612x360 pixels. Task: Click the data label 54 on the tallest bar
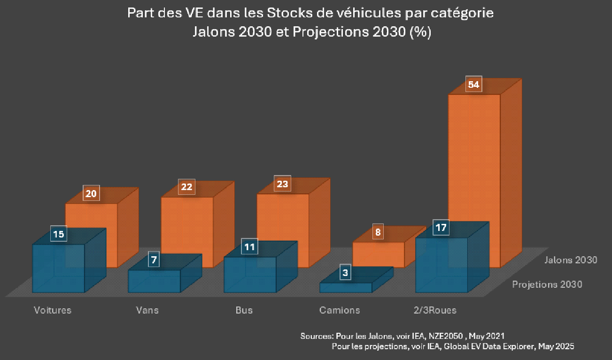[x=473, y=84]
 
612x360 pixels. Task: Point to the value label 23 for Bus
[x=282, y=184]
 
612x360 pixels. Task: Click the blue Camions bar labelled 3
[x=345, y=287]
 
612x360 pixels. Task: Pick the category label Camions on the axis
[x=339, y=310]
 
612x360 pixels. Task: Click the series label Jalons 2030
[x=571, y=260]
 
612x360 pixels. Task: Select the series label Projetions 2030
[x=547, y=284]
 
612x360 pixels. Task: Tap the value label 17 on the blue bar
[x=441, y=228]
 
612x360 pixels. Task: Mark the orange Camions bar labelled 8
[x=378, y=254]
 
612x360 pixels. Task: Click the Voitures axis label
[x=53, y=310]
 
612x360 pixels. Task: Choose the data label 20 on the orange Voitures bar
[x=92, y=193]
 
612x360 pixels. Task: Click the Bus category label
[x=244, y=310]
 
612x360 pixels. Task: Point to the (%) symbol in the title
[x=420, y=33]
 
